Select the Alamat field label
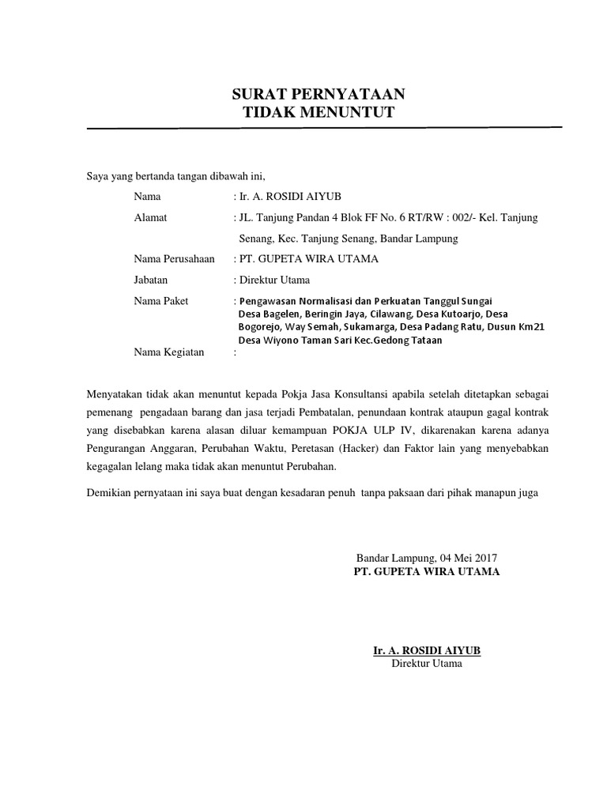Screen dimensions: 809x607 152,217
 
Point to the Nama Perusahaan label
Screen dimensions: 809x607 175,258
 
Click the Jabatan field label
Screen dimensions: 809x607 152,279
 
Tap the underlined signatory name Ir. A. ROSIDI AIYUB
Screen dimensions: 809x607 427,650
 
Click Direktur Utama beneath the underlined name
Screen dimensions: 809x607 427,664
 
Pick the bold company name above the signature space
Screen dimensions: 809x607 427,571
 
